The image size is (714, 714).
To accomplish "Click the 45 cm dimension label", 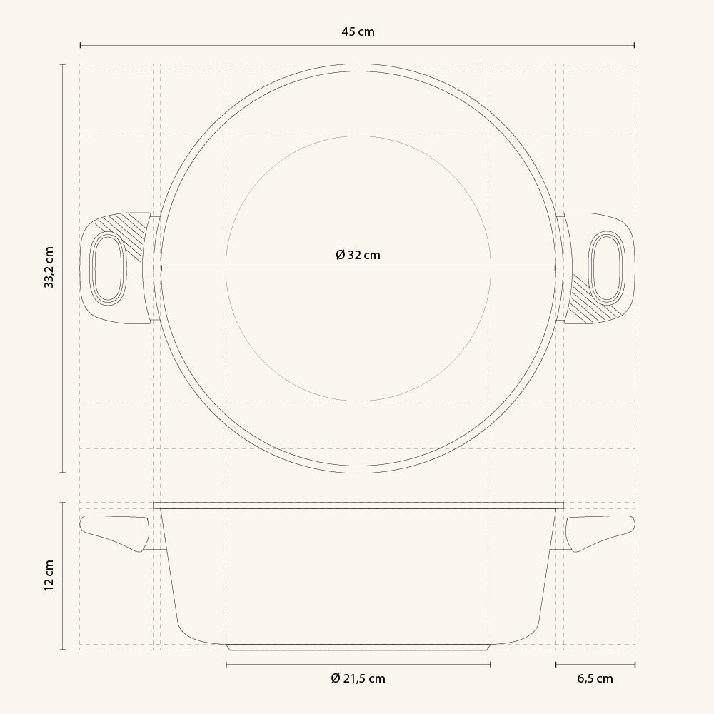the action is point(358,32).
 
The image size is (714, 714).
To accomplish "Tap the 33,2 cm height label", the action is point(49,267).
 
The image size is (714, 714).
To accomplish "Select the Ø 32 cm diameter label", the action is point(358,255).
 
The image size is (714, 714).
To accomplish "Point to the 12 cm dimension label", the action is point(49,575).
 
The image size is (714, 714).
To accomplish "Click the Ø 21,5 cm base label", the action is point(358,678).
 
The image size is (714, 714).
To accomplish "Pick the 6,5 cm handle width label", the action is point(595,678).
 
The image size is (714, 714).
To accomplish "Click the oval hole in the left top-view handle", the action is point(108,268).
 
